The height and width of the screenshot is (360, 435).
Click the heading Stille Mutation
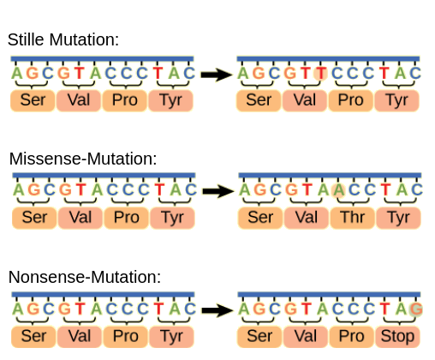[63, 39]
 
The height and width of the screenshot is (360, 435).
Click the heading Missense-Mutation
[83, 159]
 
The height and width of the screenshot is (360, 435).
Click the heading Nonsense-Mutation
[85, 277]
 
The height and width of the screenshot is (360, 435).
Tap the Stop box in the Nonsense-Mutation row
[396, 336]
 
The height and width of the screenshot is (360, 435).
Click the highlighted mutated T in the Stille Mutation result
[320, 73]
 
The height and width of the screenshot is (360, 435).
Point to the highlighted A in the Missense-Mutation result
[338, 189]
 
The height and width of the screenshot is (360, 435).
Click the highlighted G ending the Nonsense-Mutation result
[416, 309]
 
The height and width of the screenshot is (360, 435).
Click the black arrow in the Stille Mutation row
[217, 75]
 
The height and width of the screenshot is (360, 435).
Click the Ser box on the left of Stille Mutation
[33, 100]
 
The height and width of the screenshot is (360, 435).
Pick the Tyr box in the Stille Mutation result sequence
[396, 100]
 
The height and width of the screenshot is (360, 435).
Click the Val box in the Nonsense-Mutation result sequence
[306, 336]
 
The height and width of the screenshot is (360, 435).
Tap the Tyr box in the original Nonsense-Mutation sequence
[172, 336]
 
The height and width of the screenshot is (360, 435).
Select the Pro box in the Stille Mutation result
[350, 100]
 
